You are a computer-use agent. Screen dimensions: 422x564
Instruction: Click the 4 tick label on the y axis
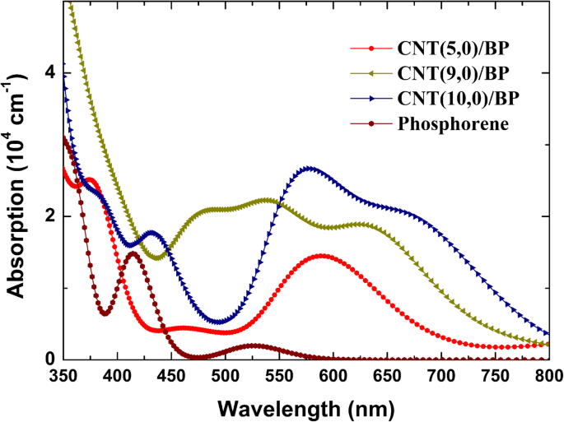click(49, 72)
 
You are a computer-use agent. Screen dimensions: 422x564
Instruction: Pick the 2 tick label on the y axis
click(49, 216)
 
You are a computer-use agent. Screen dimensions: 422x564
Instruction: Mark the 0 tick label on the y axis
click(49, 359)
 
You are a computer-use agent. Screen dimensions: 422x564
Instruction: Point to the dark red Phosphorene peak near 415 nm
click(133, 253)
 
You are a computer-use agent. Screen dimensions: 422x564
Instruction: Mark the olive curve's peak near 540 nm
click(266, 201)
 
